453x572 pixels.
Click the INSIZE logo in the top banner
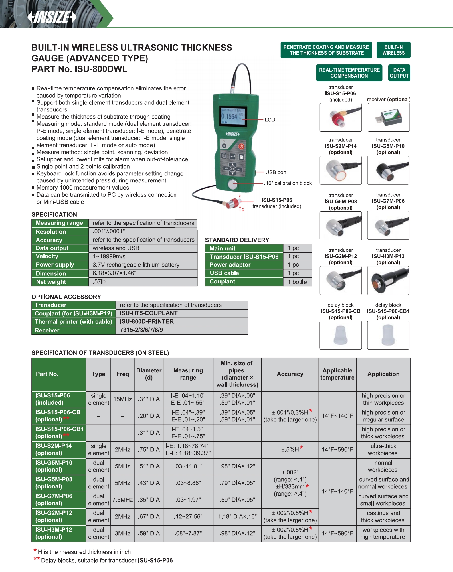pyautogui.click(x=52, y=17)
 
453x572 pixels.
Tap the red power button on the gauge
pyautogui.click(x=241, y=147)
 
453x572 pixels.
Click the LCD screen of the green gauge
pyautogui.click(x=233, y=116)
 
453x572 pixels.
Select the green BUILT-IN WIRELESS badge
pyautogui.click(x=393, y=50)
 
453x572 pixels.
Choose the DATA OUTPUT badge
pyautogui.click(x=399, y=73)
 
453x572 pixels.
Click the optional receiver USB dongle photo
pyautogui.click(x=388, y=117)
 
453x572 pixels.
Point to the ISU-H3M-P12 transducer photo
pyautogui.click(x=388, y=281)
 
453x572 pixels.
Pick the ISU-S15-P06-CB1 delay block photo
pyautogui.click(x=388, y=335)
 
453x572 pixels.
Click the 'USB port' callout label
pyautogui.click(x=276, y=172)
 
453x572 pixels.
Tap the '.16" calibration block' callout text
pyautogui.click(x=288, y=183)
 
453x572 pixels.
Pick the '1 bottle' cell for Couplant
pyautogui.click(x=297, y=282)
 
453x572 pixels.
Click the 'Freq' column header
pyautogui.click(x=122, y=374)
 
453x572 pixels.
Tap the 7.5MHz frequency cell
pyautogui.click(x=122, y=500)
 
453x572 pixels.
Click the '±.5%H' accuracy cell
pyautogui.click(x=290, y=450)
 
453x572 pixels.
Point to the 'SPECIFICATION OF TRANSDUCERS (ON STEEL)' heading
pyautogui.click(x=100, y=353)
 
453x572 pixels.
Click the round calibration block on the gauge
pyautogui.click(x=233, y=184)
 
